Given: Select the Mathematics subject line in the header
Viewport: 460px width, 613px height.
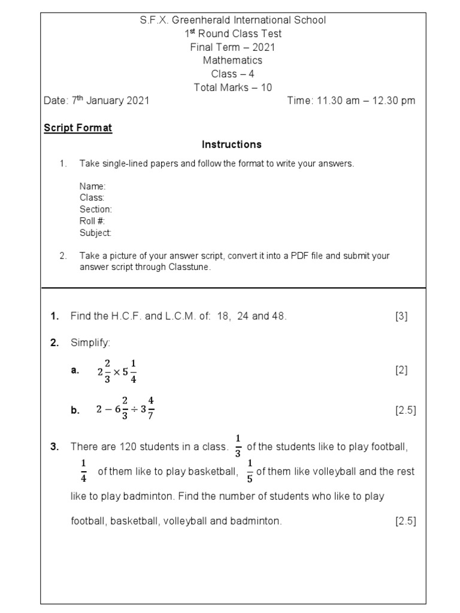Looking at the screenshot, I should pos(232,60).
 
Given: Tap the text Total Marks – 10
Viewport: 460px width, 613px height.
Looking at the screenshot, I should pos(232,87).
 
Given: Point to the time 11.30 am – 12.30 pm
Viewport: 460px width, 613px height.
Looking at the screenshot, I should pos(351,101).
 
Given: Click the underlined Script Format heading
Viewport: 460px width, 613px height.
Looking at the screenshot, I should pos(78,128).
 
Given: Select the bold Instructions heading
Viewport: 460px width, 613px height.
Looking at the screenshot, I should pos(232,144).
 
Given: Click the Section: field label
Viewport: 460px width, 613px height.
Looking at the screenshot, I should pos(96,210).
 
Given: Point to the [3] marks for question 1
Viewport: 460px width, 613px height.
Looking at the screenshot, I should pos(401,317).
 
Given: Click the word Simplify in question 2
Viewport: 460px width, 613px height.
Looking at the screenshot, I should pos(90,342).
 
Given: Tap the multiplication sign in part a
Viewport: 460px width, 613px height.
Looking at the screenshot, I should pos(117,371).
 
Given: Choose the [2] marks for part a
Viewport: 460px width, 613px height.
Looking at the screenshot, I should pos(401,371).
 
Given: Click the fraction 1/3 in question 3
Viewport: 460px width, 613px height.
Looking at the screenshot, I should pos(238,446).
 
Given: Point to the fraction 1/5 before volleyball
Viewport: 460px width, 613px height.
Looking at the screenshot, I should pos(250,471).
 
